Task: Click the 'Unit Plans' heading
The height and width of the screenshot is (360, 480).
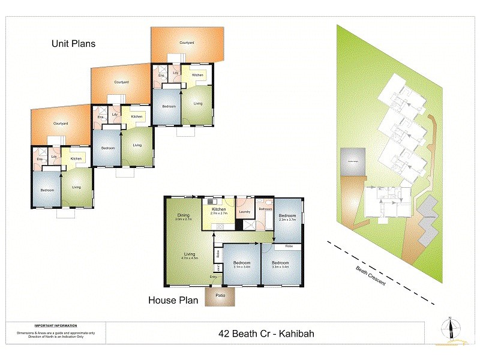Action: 73,44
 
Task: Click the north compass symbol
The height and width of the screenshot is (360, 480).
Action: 449,328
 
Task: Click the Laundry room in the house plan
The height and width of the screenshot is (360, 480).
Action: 244,211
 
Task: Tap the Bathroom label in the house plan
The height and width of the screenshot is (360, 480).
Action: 265,209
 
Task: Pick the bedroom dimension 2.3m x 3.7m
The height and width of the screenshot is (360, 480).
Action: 287,220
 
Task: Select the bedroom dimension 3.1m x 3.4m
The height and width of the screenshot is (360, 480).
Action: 241,266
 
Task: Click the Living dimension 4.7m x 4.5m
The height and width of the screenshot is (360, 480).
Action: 189,257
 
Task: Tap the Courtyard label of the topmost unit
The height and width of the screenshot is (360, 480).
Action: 186,43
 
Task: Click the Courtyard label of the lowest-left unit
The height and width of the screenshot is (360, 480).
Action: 60,124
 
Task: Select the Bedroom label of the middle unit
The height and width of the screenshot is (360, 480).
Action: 107,148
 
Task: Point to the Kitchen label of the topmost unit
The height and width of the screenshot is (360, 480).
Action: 197,75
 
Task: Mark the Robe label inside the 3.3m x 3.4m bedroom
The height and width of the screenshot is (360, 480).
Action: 288,246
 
